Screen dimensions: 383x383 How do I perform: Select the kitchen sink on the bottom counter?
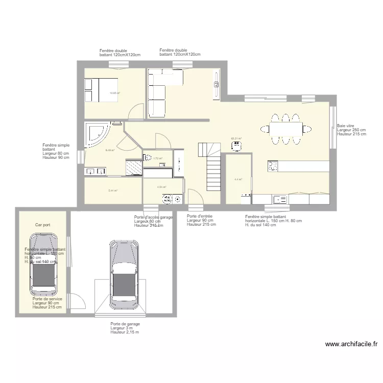point(279,199)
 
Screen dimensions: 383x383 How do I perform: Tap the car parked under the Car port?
point(43,265)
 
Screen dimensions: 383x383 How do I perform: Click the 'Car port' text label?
point(42,225)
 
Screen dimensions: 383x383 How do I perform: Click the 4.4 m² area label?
point(238,179)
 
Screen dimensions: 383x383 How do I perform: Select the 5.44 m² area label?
point(113,190)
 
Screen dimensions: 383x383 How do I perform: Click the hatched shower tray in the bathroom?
point(134,167)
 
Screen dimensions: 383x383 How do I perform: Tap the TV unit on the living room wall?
point(217,84)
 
